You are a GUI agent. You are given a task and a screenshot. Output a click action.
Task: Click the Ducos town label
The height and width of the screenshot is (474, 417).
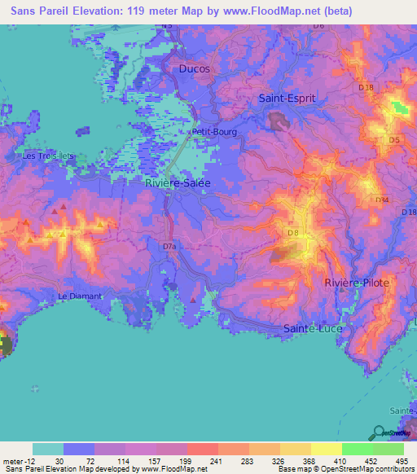(x=194, y=69)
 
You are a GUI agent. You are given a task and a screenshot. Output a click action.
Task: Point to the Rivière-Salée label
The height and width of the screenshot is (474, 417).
(x=178, y=183)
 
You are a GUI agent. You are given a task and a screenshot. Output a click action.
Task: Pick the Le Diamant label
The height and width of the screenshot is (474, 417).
(x=80, y=296)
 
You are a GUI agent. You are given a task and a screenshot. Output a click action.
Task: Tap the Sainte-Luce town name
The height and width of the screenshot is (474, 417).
(x=313, y=328)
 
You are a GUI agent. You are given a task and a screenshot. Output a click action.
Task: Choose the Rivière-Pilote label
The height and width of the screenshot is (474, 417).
(x=357, y=282)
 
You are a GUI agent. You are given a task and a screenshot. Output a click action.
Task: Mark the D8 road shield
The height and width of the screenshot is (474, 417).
(x=293, y=234)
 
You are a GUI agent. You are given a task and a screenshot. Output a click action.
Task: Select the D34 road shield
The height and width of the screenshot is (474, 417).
(x=382, y=200)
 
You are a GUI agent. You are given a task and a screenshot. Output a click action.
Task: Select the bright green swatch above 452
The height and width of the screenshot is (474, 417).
(x=357, y=449)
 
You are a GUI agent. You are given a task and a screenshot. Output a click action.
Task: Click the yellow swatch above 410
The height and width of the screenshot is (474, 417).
(x=326, y=449)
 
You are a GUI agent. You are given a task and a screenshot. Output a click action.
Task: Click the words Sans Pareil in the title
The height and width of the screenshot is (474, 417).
(x=38, y=11)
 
